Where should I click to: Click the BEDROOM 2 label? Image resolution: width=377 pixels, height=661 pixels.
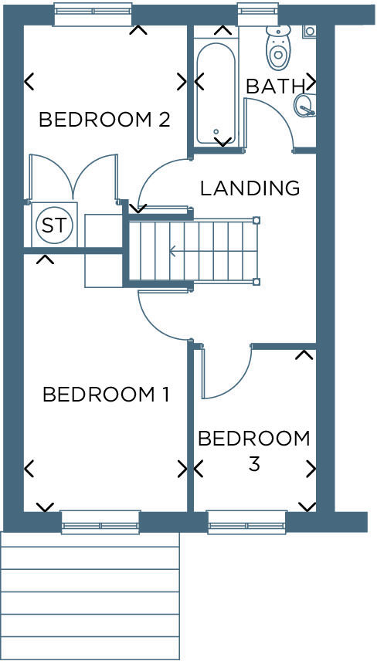[x=104, y=120]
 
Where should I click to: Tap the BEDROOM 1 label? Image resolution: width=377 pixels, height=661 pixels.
[x=105, y=395]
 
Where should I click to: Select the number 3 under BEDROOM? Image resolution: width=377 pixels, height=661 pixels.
[x=253, y=465]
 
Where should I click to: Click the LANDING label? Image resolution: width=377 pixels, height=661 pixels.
[x=249, y=188]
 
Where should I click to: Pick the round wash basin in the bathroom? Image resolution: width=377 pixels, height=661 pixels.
[x=304, y=105]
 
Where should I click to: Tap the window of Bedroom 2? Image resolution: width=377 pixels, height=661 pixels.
[x=92, y=13]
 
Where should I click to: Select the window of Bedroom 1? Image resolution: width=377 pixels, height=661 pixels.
[x=100, y=522]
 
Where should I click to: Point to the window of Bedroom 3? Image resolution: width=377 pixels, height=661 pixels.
[x=246, y=522]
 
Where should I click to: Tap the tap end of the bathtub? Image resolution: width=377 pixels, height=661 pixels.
[x=216, y=134]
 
